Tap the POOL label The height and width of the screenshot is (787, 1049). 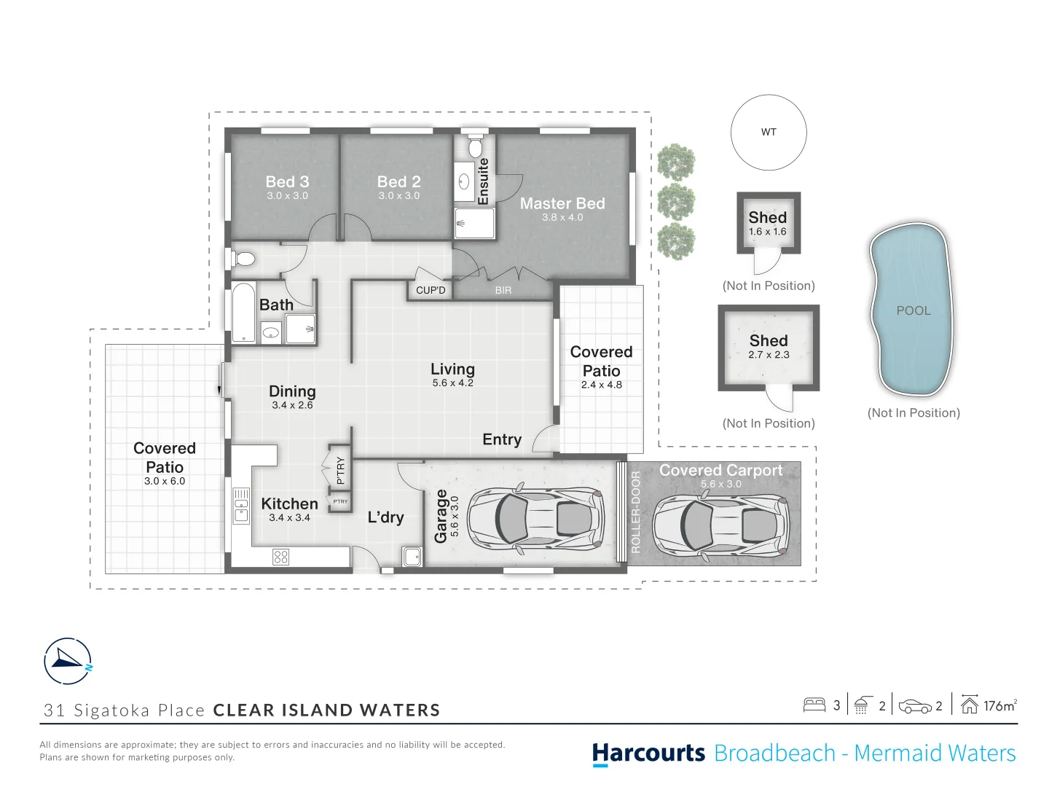914,310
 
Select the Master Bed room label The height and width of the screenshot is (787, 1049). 562,203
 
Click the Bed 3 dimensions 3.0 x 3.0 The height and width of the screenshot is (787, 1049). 287,195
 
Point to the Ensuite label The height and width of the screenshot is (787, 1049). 483,181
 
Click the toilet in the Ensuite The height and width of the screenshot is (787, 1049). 474,145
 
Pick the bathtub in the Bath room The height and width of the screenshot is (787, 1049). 243,313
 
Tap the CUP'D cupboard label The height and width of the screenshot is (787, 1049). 431,290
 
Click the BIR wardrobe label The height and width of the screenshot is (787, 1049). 503,290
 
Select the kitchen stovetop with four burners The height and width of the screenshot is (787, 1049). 280,557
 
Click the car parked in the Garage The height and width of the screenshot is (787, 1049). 535,519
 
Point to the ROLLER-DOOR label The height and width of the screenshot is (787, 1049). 635,512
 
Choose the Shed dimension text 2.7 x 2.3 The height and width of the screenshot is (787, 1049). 769,355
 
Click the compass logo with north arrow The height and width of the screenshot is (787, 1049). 68,662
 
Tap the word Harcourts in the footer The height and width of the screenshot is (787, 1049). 648,753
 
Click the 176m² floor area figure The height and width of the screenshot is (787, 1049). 1000,706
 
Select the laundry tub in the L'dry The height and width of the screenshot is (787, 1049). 412,557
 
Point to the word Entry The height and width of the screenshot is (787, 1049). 502,439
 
